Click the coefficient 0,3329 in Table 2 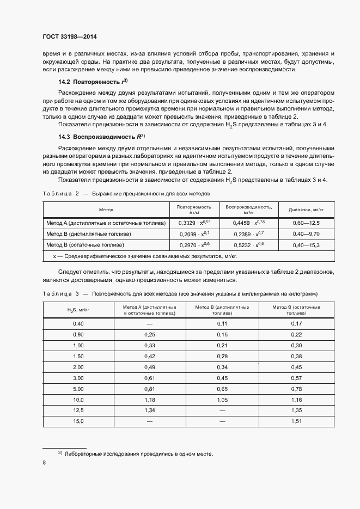point(187,223)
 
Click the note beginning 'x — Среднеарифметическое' point(144,256)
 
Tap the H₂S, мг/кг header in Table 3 point(78,310)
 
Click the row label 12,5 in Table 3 point(78,410)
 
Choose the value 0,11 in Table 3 point(222,324)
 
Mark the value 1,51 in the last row point(297,421)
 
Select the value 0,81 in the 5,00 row point(150,389)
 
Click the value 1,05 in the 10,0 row point(222,400)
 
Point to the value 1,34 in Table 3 point(150,410)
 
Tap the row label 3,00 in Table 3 point(78,378)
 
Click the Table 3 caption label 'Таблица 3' point(61,294)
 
